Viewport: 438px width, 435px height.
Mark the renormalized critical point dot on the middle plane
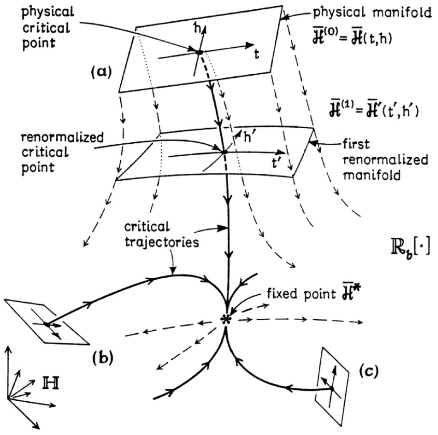pyautogui.click(x=223, y=152)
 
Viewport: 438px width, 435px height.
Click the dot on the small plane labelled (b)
pyautogui.click(x=47, y=324)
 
